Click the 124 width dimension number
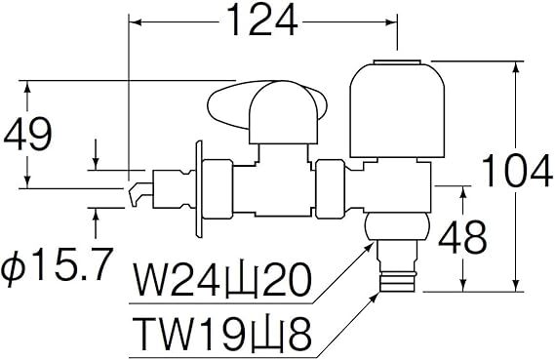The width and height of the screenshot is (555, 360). [x=262, y=20]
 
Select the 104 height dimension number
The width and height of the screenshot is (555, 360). [x=517, y=171]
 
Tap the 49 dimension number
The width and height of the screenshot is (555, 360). [x=28, y=135]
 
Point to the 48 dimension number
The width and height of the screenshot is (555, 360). [x=462, y=237]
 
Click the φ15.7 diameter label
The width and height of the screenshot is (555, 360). [x=57, y=264]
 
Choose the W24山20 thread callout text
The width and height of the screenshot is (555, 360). [x=222, y=279]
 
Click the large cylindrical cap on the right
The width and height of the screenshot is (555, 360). [x=397, y=108]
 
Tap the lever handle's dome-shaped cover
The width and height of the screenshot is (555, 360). [x=283, y=113]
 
